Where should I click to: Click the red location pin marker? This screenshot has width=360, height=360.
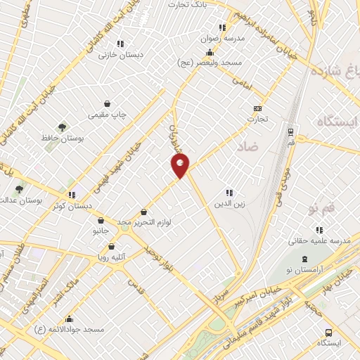point(180,166)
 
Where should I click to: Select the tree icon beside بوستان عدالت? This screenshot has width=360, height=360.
point(19,188)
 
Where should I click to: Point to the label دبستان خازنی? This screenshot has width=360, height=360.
point(121,54)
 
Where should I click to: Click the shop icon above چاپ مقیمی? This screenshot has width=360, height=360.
point(107,103)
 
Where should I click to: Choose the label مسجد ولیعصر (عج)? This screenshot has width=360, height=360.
point(209,64)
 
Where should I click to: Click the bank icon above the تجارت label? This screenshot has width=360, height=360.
point(257,108)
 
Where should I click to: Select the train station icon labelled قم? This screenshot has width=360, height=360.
point(290,131)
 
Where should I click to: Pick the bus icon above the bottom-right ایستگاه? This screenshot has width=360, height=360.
point(328,333)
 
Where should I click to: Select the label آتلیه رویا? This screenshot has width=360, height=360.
point(111,258)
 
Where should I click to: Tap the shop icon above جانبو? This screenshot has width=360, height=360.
point(101,219)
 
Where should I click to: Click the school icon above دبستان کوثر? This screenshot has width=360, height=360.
point(71,195)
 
